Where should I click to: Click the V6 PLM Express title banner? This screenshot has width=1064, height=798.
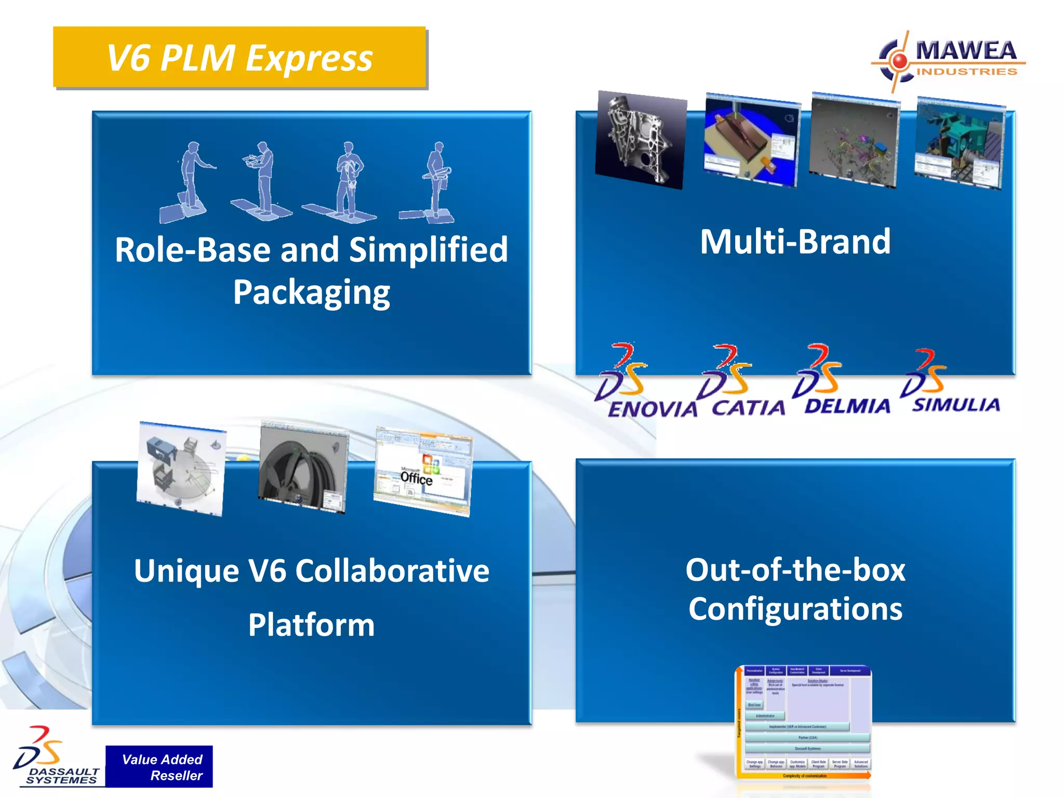[239, 57]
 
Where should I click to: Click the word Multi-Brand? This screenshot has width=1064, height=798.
[795, 242]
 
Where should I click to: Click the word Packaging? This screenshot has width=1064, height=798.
[311, 292]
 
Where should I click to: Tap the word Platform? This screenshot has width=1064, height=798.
[311, 624]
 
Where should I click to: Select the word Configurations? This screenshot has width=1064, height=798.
[795, 609]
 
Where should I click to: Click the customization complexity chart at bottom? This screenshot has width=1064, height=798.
[804, 722]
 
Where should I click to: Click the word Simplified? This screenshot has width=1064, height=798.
[428, 250]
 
